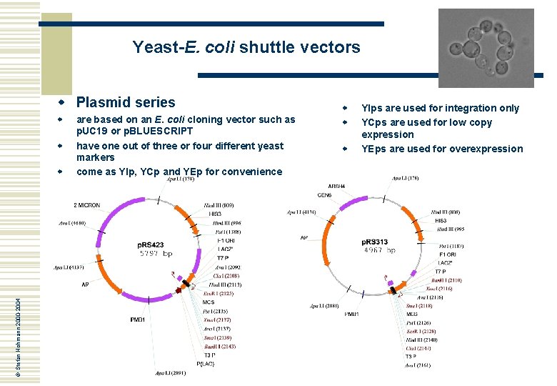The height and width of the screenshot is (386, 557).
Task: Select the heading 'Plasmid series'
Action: pos(125,102)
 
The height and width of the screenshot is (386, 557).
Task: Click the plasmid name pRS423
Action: pos(151,245)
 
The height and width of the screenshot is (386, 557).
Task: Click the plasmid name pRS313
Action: pos(375,242)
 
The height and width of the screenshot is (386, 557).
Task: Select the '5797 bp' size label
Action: pos(156,254)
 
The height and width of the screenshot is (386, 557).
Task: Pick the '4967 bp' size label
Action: pos(380,250)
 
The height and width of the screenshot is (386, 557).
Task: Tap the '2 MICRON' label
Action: pos(87,205)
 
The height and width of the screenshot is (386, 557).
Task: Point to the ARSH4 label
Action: pos(336,186)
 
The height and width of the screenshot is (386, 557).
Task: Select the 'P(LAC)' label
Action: pos(216,363)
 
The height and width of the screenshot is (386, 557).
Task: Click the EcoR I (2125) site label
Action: pos(219,293)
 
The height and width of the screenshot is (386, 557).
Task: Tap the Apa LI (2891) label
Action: pos(171,373)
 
